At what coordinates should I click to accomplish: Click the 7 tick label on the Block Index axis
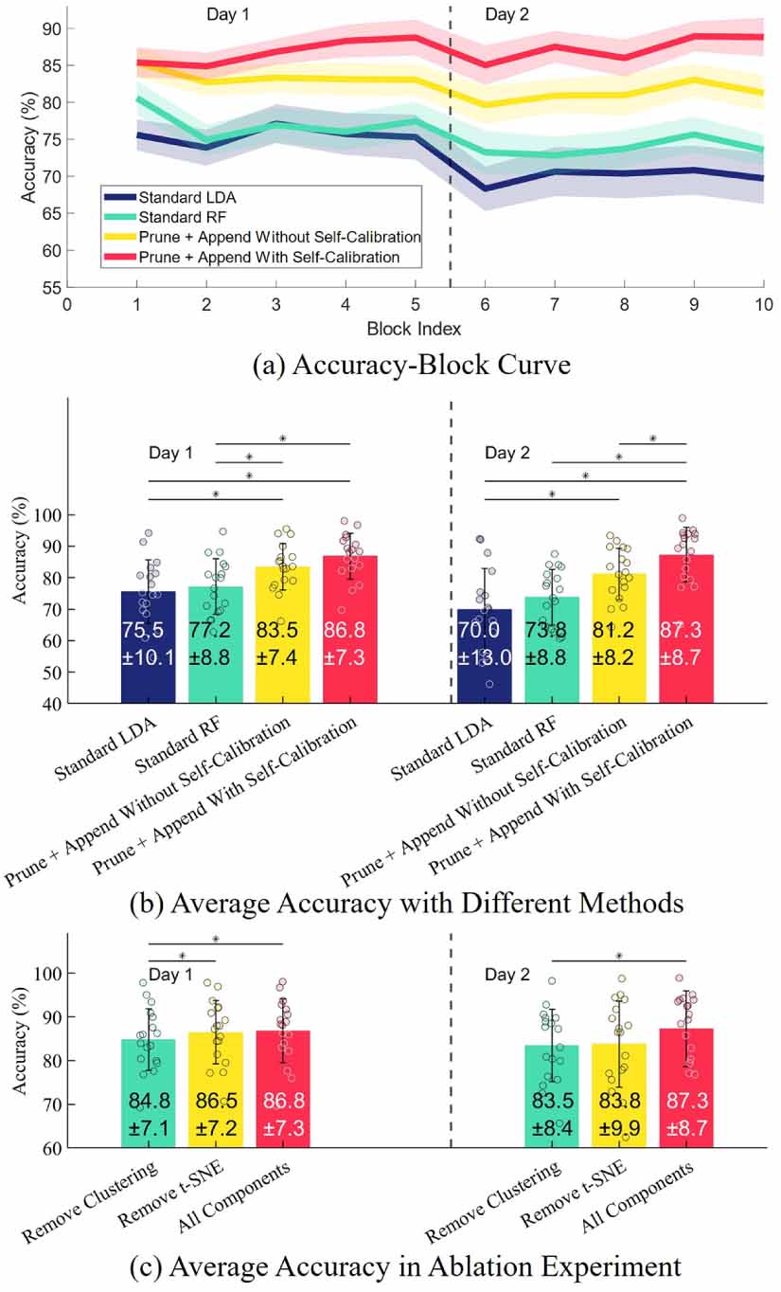point(555,306)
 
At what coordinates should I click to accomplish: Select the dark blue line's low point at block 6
point(485,188)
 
